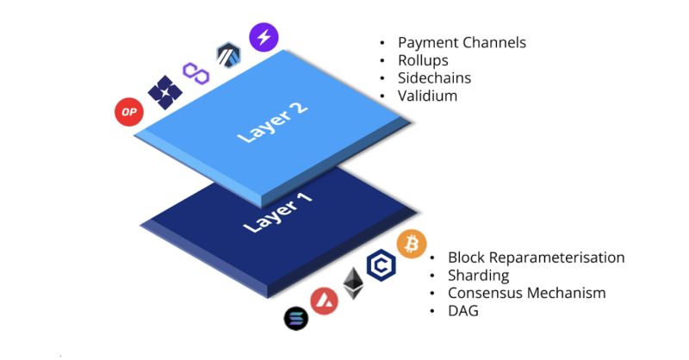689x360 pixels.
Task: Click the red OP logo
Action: pos(127,111)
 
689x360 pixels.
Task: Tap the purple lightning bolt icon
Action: pos(264,36)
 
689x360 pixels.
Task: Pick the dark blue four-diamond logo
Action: pos(164,92)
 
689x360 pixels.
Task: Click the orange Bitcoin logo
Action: pos(411,244)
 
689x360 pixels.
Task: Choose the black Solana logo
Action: pos(296,318)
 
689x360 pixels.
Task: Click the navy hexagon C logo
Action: pos(380,265)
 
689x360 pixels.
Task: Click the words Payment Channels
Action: pos(462,42)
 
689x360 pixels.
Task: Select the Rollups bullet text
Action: pos(425,60)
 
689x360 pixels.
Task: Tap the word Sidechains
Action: pos(434,78)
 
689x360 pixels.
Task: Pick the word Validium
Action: pos(427,96)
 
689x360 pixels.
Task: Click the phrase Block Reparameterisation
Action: pos(536,258)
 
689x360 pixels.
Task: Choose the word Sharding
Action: pos(478,276)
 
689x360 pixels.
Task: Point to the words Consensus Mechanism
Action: pos(526,293)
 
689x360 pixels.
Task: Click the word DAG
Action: pos(462,311)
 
